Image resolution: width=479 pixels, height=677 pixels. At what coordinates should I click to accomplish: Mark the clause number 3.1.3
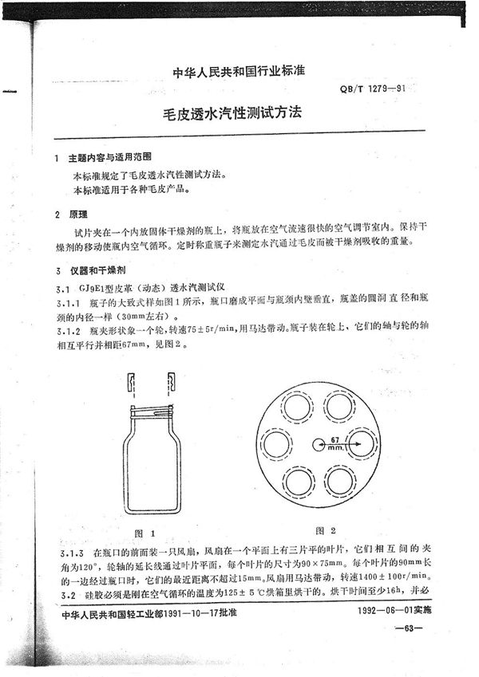click(74, 553)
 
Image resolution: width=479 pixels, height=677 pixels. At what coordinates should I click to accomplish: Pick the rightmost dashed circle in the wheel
click(359, 444)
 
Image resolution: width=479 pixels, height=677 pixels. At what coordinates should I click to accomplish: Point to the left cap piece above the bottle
click(129, 383)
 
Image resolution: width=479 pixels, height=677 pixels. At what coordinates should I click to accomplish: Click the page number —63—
click(414, 631)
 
